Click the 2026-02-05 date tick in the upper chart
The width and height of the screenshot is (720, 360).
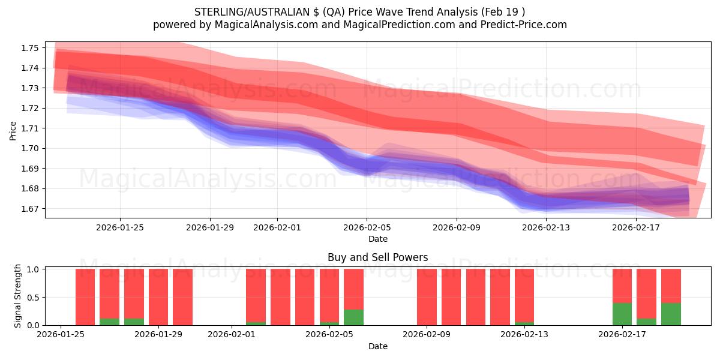367,227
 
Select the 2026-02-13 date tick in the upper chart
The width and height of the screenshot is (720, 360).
546,227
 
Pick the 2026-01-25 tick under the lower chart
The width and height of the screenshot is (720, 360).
61,335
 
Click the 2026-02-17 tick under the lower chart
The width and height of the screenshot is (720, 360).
622,335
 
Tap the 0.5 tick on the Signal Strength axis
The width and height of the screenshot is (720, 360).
34,297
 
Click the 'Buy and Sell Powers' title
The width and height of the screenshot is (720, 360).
377,257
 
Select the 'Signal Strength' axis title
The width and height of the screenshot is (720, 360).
18,296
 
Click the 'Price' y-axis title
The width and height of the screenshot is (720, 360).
13,130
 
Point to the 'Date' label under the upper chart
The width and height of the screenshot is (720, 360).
377,239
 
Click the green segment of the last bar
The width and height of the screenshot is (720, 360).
671,314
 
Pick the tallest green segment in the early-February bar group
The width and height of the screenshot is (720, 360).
353,317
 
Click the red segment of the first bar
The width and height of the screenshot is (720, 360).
85,296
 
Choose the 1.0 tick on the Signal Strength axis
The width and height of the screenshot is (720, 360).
34,269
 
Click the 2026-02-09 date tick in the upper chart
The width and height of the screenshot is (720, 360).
457,227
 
